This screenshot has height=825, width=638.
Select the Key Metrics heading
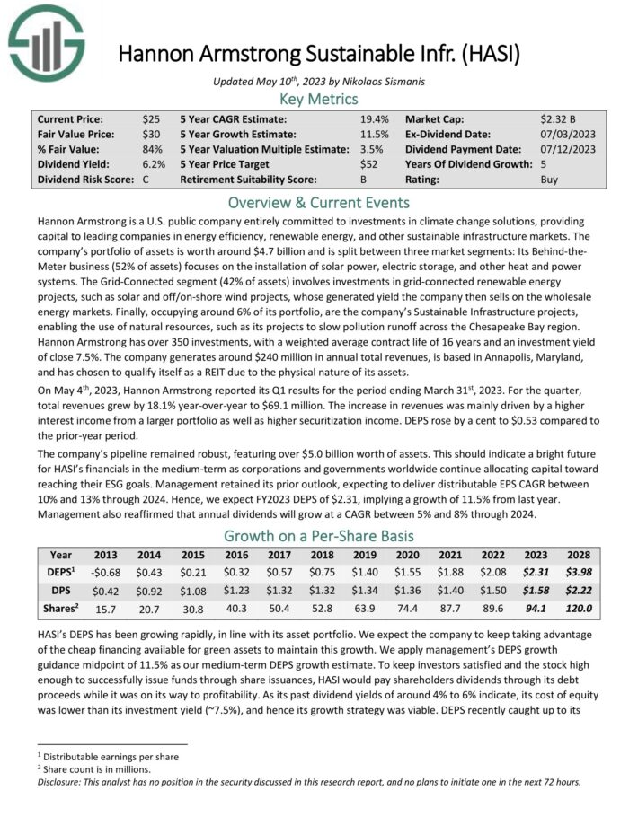click(x=319, y=99)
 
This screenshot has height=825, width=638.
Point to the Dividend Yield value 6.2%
click(x=153, y=164)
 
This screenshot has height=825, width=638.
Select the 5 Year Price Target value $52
click(x=369, y=164)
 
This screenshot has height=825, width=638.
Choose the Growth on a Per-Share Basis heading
click(x=319, y=538)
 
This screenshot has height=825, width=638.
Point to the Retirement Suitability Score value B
click(x=362, y=180)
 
